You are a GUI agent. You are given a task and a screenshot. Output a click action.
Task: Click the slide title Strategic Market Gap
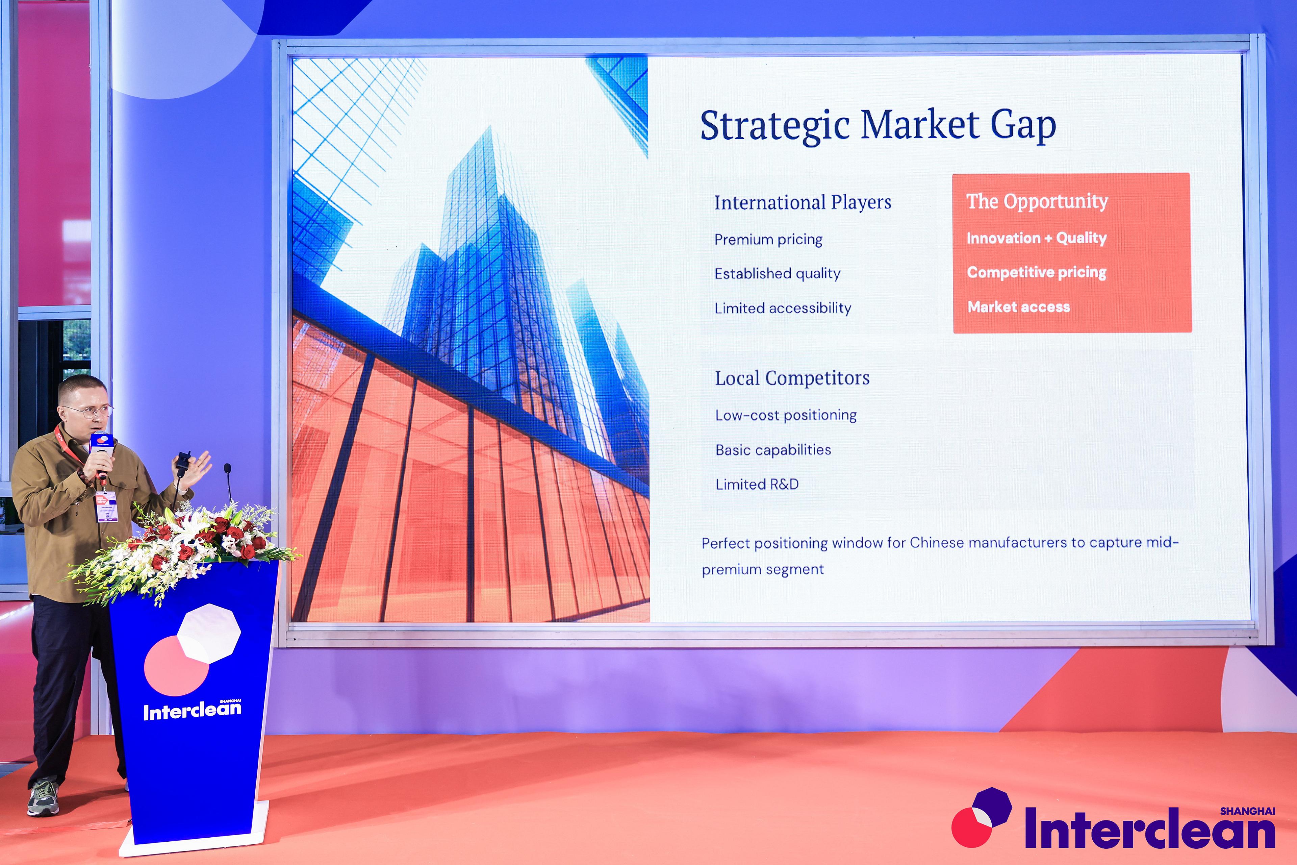pyautogui.click(x=878, y=125)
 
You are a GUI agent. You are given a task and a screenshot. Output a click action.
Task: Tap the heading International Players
pyautogui.click(x=803, y=202)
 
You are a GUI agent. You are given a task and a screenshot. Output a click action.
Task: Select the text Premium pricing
pyautogui.click(x=768, y=240)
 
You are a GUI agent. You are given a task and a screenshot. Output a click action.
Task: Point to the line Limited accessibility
pyautogui.click(x=783, y=308)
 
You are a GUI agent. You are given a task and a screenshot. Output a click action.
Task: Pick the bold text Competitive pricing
pyautogui.click(x=1037, y=273)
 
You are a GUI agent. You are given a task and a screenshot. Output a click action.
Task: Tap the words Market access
pyautogui.click(x=1019, y=307)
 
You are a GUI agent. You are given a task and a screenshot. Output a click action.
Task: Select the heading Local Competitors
pyautogui.click(x=792, y=378)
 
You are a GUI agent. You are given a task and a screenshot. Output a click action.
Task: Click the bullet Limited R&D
pyautogui.click(x=757, y=484)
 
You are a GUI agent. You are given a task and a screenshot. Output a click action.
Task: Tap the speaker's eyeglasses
pyautogui.click(x=88, y=411)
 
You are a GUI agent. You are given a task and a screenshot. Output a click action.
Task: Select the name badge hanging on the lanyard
pyautogui.click(x=105, y=506)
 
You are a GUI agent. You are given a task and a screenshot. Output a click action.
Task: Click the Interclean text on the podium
pyautogui.click(x=192, y=711)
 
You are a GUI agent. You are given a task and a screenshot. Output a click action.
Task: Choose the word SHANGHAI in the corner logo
pyautogui.click(x=1247, y=811)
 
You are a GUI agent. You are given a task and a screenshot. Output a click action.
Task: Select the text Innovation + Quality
pyautogui.click(x=1037, y=238)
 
